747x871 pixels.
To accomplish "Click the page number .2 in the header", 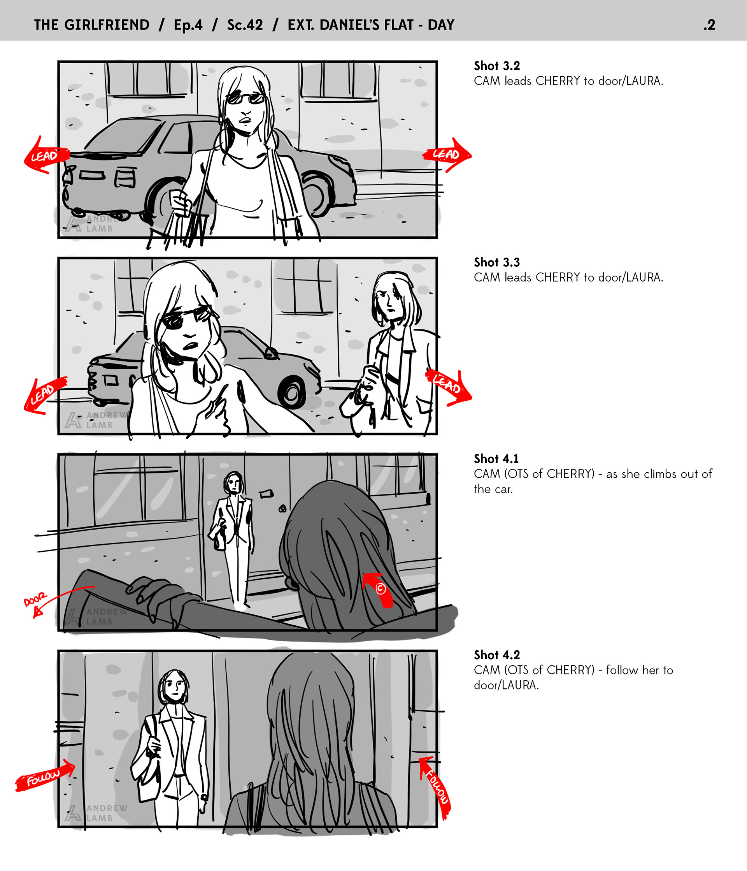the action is [709, 25].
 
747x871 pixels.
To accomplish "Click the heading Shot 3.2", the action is [496, 65].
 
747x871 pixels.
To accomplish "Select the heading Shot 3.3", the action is [496, 262].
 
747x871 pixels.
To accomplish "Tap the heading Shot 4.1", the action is [496, 459].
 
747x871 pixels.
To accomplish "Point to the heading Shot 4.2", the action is [496, 655].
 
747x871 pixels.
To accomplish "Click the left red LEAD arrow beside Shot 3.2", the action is [46, 155].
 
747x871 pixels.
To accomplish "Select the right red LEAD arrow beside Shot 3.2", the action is [447, 155].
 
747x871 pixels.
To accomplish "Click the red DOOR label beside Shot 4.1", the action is [35, 600].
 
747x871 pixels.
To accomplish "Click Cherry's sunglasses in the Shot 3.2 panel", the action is [246, 99].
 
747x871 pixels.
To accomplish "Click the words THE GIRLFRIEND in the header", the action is [91, 25].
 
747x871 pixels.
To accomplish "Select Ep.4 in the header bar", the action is [188, 25].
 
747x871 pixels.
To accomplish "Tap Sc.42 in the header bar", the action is [245, 25].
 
